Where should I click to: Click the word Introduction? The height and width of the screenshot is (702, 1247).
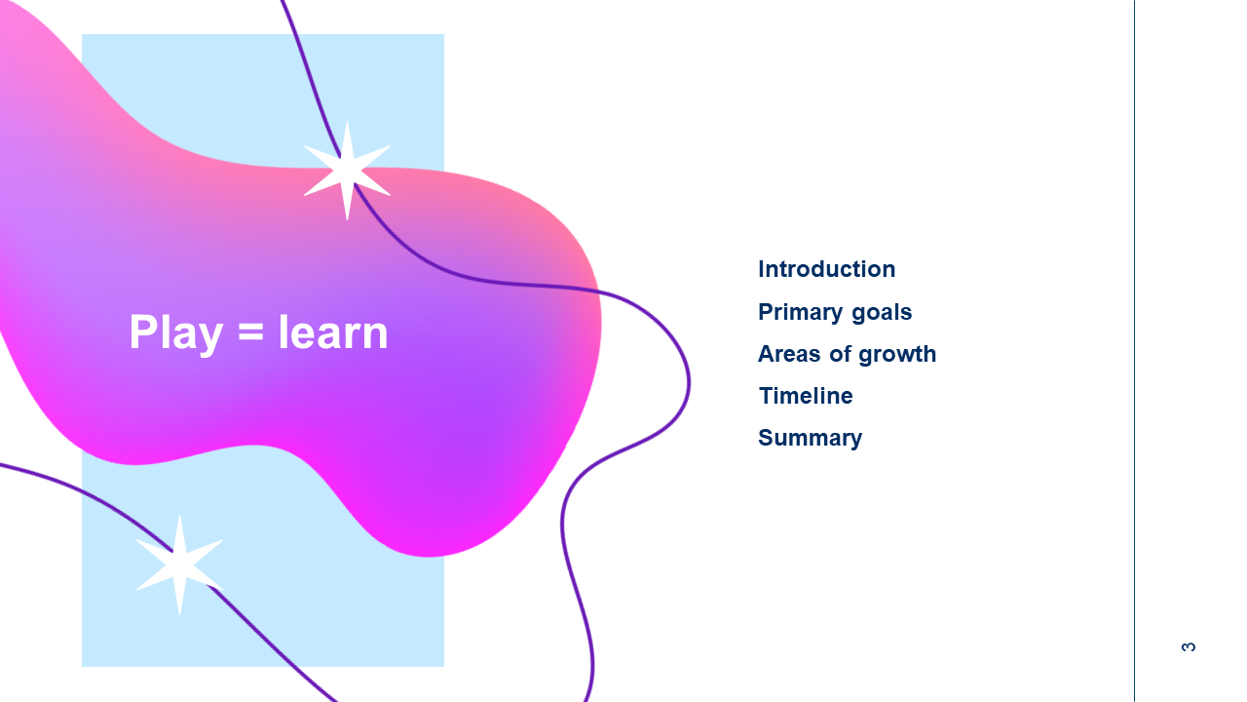pyautogui.click(x=827, y=269)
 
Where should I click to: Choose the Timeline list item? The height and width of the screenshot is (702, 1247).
pyautogui.click(x=806, y=396)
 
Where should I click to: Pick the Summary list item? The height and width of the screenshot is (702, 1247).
pyautogui.click(x=810, y=439)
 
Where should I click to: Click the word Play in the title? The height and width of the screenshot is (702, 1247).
pyautogui.click(x=176, y=333)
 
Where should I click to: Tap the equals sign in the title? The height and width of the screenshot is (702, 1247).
pyautogui.click(x=250, y=331)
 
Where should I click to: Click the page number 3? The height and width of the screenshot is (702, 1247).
pyautogui.click(x=1188, y=646)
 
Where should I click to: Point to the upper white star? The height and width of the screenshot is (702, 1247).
pyautogui.click(x=348, y=171)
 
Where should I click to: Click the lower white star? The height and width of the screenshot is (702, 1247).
pyautogui.click(x=180, y=565)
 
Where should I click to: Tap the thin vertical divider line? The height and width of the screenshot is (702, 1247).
pyautogui.click(x=1134, y=351)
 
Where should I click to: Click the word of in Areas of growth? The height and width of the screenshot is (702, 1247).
pyautogui.click(x=840, y=354)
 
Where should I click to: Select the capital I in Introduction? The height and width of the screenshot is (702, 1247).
pyautogui.click(x=761, y=269)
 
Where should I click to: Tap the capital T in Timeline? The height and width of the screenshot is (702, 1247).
pyautogui.click(x=767, y=396)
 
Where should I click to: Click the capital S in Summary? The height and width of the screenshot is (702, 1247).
pyautogui.click(x=767, y=438)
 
